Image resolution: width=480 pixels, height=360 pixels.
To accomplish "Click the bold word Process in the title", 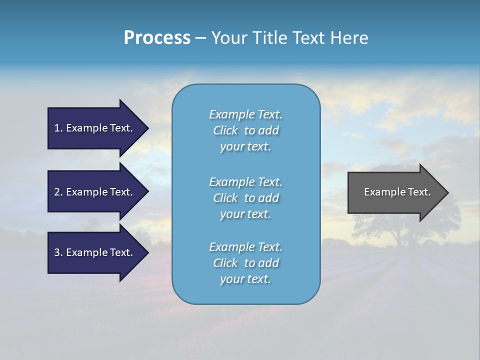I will (157, 38).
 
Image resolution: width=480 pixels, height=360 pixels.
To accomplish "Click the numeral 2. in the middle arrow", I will (58, 192).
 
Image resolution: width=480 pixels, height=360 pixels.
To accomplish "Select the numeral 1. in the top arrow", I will (58, 128).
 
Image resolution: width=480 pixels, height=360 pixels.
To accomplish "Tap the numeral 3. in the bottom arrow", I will (58, 252).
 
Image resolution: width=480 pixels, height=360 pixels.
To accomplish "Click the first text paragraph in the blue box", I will (245, 130).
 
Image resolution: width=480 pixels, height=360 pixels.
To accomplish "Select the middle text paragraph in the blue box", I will (245, 198).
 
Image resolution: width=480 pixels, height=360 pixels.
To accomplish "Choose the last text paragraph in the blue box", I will (245, 263).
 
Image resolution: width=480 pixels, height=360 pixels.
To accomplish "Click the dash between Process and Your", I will (200, 38).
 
